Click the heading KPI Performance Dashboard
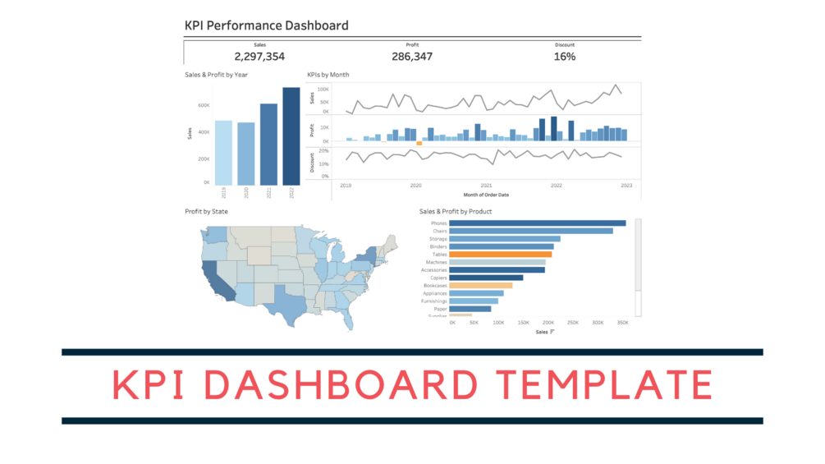(267, 25)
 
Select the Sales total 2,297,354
(259, 57)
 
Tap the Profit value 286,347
(412, 57)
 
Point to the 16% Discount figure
(565, 57)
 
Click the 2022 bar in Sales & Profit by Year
(291, 136)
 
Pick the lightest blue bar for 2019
(223, 153)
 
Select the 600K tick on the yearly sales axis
(202, 105)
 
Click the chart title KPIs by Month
(328, 75)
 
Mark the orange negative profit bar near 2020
(419, 144)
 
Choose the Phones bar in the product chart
(539, 223)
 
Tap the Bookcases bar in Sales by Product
(482, 286)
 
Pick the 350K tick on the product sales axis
(622, 323)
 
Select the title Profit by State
(207, 212)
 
